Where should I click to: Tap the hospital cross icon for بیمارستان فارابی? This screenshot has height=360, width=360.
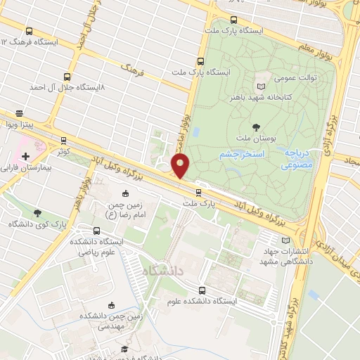point(25,155)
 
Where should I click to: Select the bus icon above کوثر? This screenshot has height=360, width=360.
point(64,140)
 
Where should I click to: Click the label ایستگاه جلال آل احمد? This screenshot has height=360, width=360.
point(67,88)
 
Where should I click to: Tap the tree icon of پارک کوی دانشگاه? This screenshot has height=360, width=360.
point(37,213)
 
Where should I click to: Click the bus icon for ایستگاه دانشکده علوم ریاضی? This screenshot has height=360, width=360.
point(96,231)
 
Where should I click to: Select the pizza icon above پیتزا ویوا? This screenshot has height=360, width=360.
point(20,112)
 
